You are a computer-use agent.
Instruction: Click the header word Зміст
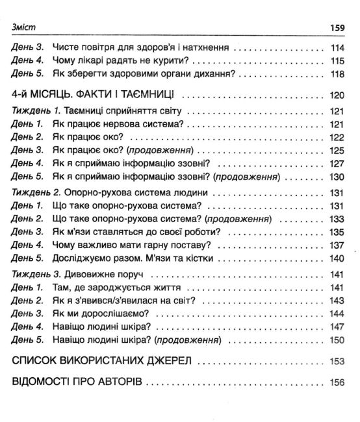pos(25,27)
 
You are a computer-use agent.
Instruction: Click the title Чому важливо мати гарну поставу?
pos(129,244)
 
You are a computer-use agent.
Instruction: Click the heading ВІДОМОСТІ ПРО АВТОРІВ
pos(77,383)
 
